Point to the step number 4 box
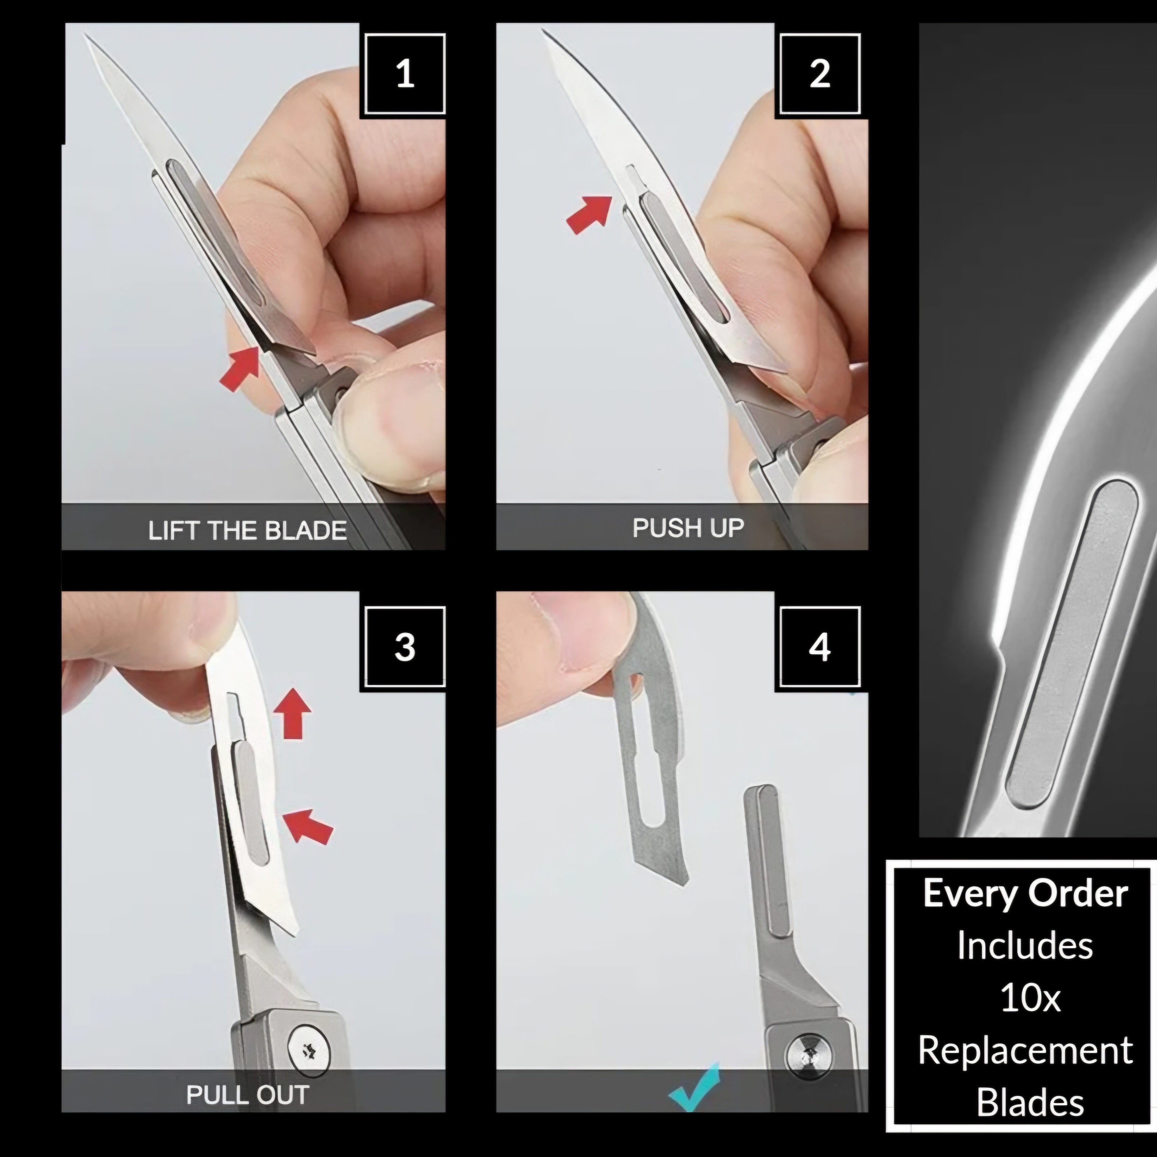click(820, 647)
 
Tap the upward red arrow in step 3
click(292, 713)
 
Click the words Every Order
click(1025, 894)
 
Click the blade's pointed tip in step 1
click(86, 35)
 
